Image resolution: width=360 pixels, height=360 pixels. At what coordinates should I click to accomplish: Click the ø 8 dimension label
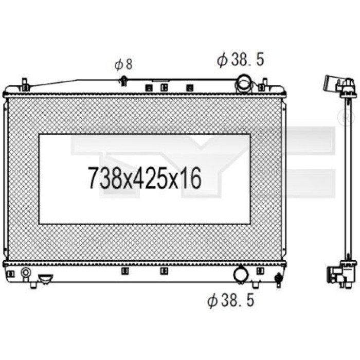coord(123,64)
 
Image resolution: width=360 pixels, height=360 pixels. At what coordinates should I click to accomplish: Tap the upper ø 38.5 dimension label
coord(240,60)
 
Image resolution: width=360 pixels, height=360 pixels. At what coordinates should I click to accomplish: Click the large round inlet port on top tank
coord(243,84)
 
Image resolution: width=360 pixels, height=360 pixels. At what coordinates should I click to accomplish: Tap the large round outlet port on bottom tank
coord(241,275)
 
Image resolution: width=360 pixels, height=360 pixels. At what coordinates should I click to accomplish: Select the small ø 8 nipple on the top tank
coord(123,81)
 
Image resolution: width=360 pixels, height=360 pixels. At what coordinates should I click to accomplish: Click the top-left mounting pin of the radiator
coord(25,84)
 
